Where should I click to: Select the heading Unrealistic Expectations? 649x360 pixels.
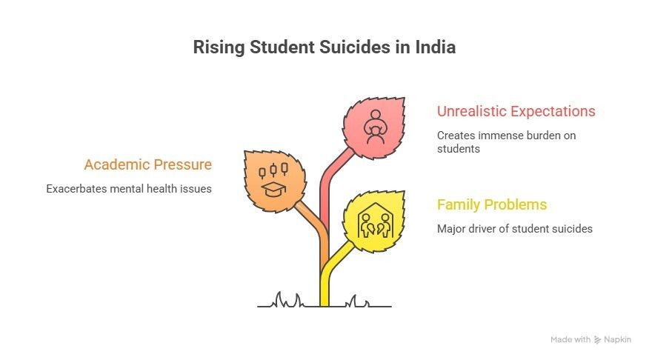point(516,111)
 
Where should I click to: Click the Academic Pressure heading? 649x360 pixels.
point(148,164)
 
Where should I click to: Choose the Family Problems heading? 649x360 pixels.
point(492,205)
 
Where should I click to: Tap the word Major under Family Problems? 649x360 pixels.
point(451,229)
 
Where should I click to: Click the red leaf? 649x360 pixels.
point(374,128)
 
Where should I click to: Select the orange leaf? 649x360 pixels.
point(275,181)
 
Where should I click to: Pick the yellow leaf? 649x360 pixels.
point(374,221)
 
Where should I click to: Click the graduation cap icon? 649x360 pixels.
point(273,189)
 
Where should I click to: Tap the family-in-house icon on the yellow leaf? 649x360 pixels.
point(376,220)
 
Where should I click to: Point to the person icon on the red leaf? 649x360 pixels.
point(376,127)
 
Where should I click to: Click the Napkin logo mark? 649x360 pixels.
point(597,340)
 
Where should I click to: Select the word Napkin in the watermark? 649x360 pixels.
point(618,340)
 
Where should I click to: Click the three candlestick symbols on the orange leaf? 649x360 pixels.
point(273,170)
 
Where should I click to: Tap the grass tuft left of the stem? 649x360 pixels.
point(287,300)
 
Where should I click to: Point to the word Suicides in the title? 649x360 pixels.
point(355,47)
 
